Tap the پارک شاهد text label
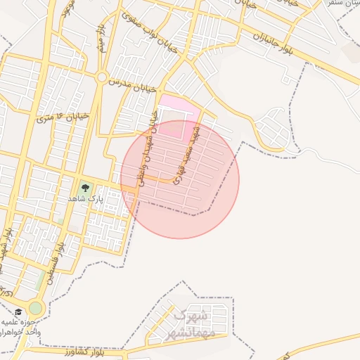[82, 199]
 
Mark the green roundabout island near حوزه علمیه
[36, 308]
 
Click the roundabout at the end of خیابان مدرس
[103, 76]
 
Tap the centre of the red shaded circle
[180, 179]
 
